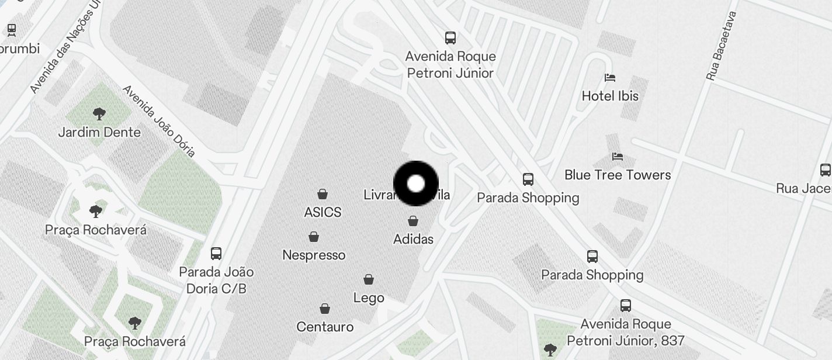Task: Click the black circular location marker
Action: click(x=416, y=184)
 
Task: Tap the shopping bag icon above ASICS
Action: click(x=322, y=194)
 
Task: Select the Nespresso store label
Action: click(x=314, y=255)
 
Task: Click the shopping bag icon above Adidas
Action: click(x=413, y=221)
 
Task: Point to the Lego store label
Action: click(x=369, y=297)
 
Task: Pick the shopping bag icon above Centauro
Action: click(x=325, y=309)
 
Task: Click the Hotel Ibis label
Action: click(x=610, y=96)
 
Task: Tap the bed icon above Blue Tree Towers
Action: click(x=618, y=157)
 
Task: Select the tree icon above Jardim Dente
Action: click(x=99, y=113)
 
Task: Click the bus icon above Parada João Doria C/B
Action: click(x=216, y=254)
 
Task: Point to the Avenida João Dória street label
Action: click(x=158, y=121)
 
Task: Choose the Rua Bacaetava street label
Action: click(x=722, y=46)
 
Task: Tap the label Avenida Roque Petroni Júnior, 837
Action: click(x=626, y=332)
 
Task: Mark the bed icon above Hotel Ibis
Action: click(x=610, y=78)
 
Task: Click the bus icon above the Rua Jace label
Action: click(x=825, y=170)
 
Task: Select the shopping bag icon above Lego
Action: click(x=369, y=279)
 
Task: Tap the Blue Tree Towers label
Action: click(x=618, y=175)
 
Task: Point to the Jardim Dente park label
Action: click(x=99, y=132)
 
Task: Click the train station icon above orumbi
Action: click(x=12, y=29)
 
